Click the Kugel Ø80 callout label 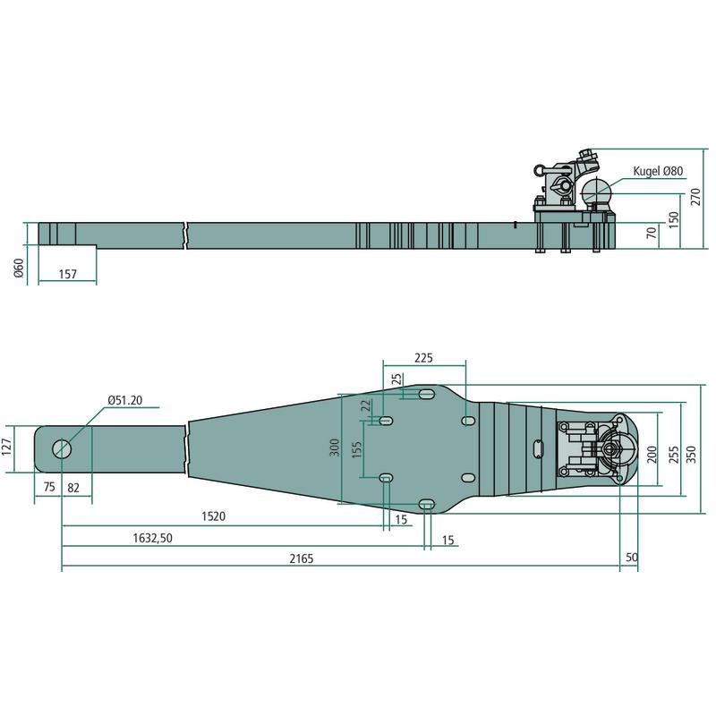click(x=658, y=171)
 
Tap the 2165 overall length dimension click(x=302, y=558)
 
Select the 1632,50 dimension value click(x=152, y=538)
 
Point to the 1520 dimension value click(x=213, y=516)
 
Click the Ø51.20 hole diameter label click(x=124, y=400)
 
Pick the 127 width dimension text click(x=6, y=447)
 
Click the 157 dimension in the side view click(x=68, y=274)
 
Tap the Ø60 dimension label click(x=18, y=268)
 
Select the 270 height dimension click(x=695, y=197)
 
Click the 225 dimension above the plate click(x=423, y=358)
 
